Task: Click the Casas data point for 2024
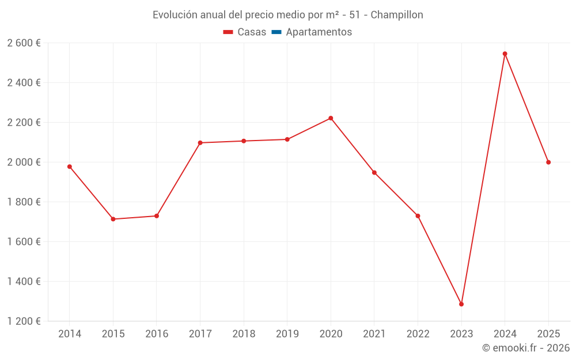click(x=505, y=54)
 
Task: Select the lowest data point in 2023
click(x=461, y=304)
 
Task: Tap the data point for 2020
click(x=331, y=118)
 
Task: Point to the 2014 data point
click(x=70, y=166)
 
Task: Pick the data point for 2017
click(x=200, y=143)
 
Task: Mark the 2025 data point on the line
click(x=548, y=162)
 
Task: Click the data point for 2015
click(x=113, y=219)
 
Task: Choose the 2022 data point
click(x=418, y=216)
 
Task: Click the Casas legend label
click(x=252, y=32)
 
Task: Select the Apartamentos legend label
click(x=319, y=32)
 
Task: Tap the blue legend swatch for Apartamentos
click(x=276, y=32)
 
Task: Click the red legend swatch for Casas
click(x=228, y=32)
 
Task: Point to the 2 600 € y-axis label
click(x=24, y=43)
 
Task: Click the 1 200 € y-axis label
click(x=24, y=321)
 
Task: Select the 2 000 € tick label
click(x=24, y=162)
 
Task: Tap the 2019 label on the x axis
click(x=287, y=334)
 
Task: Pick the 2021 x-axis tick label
click(x=374, y=334)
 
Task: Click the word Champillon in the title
click(x=397, y=15)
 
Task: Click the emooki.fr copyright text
click(x=525, y=348)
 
